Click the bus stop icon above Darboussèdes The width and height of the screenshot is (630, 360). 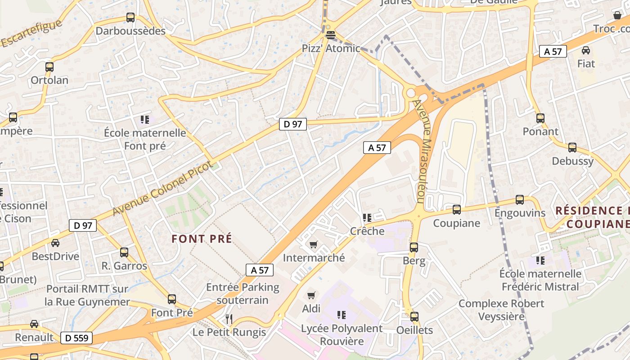pos(130,18)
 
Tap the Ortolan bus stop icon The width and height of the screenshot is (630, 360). pos(49,67)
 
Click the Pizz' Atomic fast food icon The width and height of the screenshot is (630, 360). pos(331,35)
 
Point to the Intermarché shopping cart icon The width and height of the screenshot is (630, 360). pos(314,244)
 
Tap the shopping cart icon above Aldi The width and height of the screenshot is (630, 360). pos(311,295)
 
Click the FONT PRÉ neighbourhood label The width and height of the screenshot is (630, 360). pos(202,238)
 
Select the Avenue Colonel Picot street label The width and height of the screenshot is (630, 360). pos(162,188)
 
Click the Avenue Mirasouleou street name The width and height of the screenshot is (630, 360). pos(423,151)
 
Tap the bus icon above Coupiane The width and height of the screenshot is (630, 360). pos(457,209)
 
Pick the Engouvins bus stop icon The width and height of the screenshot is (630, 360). pos(520,199)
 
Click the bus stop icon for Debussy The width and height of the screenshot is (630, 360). pos(572,147)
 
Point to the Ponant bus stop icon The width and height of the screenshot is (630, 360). pos(540,118)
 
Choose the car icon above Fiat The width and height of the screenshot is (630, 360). pos(586,50)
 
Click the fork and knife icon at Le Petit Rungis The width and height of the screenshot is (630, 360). pos(229,319)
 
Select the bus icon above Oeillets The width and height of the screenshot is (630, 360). pos(414,316)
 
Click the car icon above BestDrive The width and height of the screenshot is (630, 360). pos(55,243)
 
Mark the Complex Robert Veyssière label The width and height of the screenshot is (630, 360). pos(501,310)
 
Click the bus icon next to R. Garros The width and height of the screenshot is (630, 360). pos(124,252)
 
